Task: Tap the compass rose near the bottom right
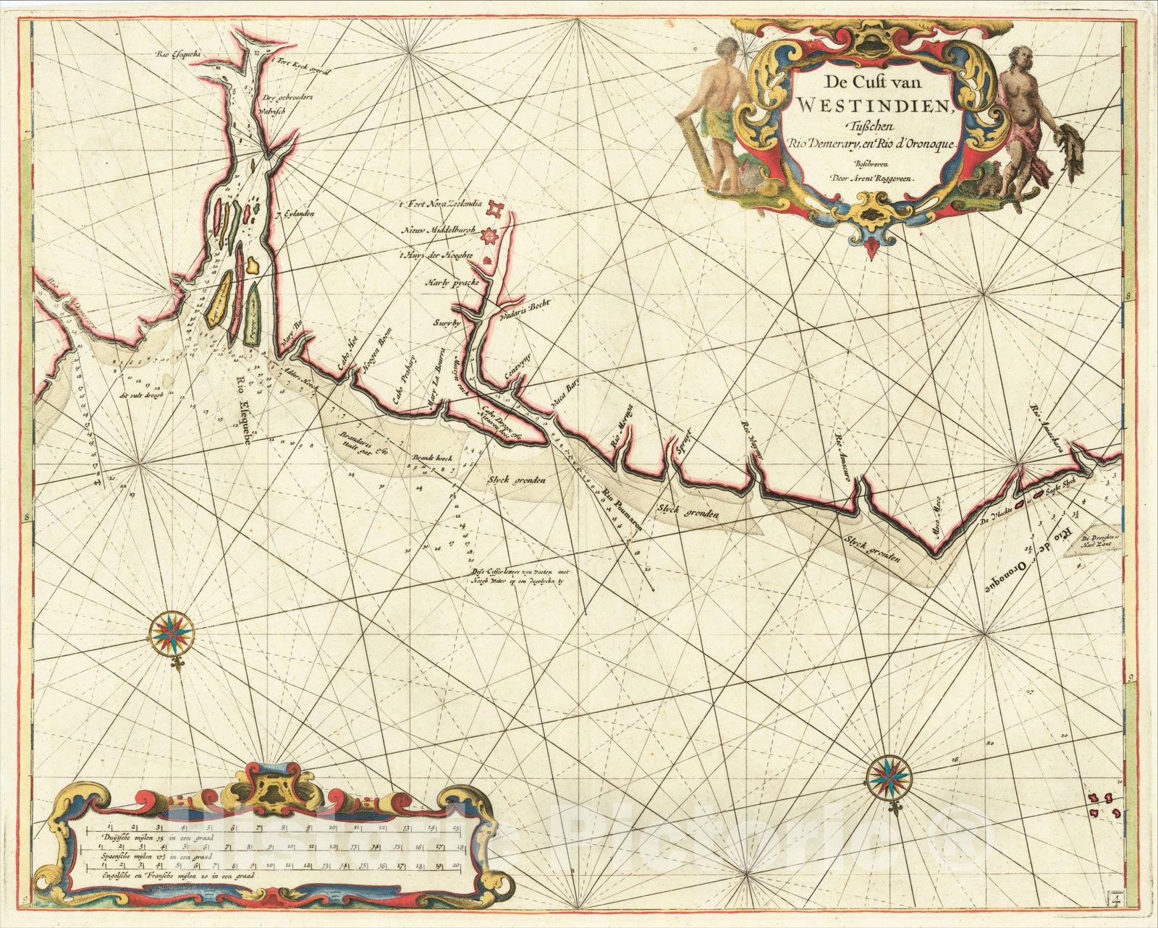[884, 776]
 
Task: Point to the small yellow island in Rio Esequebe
[252, 265]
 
